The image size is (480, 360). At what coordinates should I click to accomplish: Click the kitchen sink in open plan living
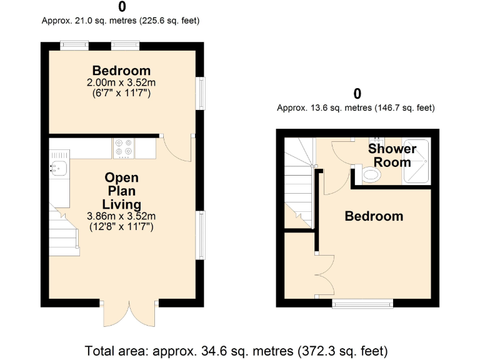click(x=60, y=167)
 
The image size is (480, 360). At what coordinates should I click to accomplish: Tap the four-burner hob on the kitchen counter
click(x=123, y=147)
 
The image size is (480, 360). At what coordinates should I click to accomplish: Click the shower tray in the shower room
click(x=417, y=161)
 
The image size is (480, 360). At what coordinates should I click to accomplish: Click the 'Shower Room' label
click(x=392, y=155)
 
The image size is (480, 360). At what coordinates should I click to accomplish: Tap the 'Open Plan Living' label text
click(x=122, y=191)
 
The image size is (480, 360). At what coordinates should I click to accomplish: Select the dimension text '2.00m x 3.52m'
click(x=121, y=82)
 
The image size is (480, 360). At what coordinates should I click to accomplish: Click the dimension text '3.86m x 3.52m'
click(x=121, y=216)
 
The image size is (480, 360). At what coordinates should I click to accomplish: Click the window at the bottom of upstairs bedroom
click(x=362, y=304)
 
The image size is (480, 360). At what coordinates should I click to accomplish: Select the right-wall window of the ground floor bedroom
click(x=200, y=93)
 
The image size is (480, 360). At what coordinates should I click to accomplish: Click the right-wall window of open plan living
click(x=200, y=235)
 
